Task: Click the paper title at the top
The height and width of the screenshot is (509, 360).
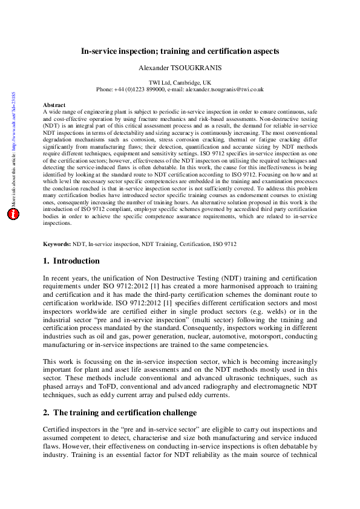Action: pos(180,52)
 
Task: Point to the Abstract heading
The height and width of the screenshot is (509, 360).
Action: pos(54,105)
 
